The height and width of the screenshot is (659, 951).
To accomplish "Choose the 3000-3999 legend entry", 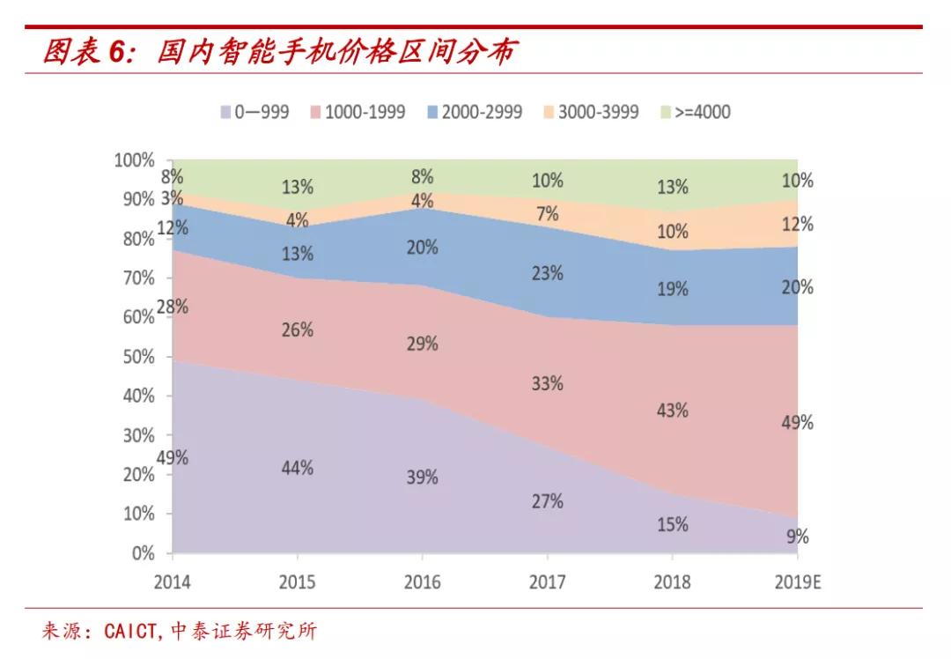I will pyautogui.click(x=590, y=112).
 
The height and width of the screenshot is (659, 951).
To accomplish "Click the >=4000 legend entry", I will pyautogui.click(x=695, y=112).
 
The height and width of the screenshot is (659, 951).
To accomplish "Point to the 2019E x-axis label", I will pyautogui.click(x=796, y=582).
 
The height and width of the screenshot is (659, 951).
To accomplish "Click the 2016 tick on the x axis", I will pyautogui.click(x=422, y=582).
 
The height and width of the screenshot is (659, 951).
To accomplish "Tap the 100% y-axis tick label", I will pyautogui.click(x=134, y=160).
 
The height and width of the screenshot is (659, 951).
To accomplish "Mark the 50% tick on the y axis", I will pyautogui.click(x=137, y=357).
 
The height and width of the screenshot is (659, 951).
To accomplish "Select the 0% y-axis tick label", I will pyautogui.click(x=142, y=553).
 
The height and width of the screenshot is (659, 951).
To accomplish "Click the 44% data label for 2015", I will pyautogui.click(x=297, y=468).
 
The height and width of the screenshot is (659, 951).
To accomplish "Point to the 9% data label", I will pyautogui.click(x=797, y=537).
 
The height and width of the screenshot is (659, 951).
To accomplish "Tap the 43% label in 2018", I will pyautogui.click(x=672, y=411).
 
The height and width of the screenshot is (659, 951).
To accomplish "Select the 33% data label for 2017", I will pyautogui.click(x=547, y=383).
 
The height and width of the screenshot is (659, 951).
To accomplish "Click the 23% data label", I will pyautogui.click(x=547, y=274).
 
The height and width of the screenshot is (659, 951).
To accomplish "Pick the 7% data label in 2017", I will pyautogui.click(x=548, y=213).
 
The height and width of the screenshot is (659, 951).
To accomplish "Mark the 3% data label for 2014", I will pyautogui.click(x=172, y=198).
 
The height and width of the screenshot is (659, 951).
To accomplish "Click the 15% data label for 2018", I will pyautogui.click(x=672, y=524).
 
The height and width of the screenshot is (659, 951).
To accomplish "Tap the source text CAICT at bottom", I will pyautogui.click(x=129, y=632).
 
